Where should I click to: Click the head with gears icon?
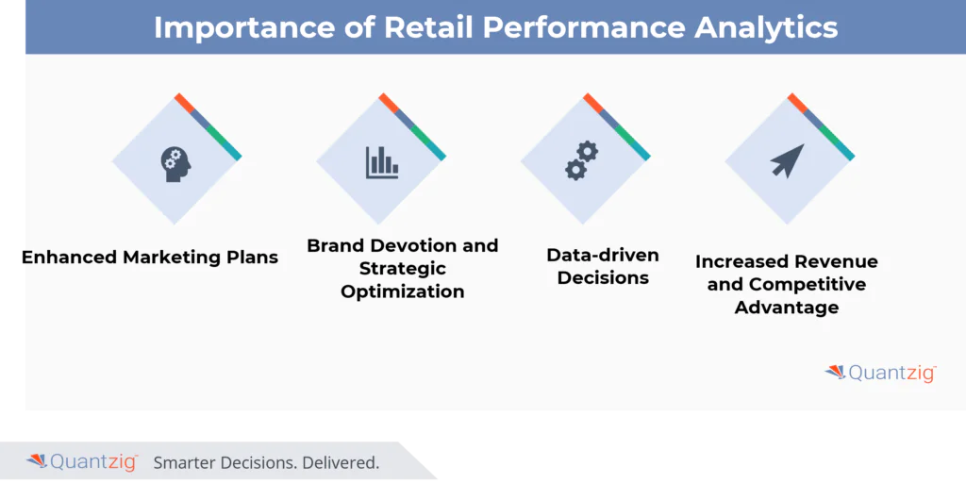tap(175, 162)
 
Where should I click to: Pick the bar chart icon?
tap(382, 162)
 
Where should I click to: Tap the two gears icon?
tap(582, 160)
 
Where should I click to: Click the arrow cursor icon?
tap(788, 160)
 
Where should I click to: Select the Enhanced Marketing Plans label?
tap(151, 257)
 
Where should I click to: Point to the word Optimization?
tap(403, 291)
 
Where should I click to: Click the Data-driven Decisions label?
tap(603, 266)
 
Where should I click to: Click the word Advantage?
tap(787, 308)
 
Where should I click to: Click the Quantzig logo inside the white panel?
tap(880, 373)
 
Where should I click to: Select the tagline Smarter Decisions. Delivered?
tap(266, 462)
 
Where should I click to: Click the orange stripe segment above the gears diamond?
tap(592, 102)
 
